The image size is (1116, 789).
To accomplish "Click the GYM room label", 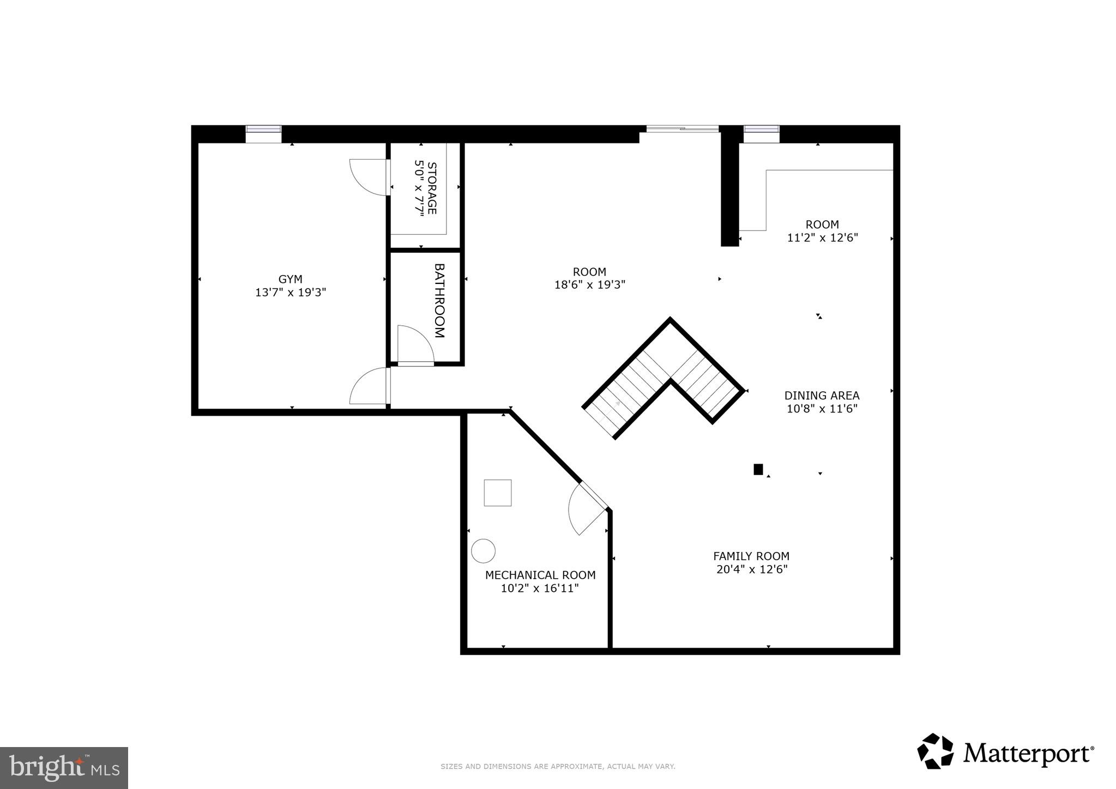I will click(290, 279).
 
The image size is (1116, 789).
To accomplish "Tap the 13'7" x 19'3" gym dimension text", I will click(291, 293).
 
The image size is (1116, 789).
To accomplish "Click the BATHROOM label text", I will click(439, 301).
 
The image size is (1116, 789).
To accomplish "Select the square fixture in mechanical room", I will click(498, 493).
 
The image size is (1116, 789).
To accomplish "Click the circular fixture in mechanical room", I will click(483, 551).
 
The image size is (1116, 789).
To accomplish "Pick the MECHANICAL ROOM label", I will click(540, 575).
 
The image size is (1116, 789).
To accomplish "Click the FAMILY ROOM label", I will click(751, 556).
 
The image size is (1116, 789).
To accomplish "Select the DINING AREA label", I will click(822, 396).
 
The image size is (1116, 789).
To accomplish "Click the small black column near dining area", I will click(758, 469).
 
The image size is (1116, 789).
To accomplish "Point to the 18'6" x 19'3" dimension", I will click(589, 284).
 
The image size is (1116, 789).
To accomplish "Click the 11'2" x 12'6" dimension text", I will click(822, 238).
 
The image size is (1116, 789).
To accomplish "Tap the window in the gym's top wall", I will click(263, 129).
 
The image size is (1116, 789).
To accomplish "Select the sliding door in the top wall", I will click(682, 129).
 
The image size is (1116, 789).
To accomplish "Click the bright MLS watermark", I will click(64, 768).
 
